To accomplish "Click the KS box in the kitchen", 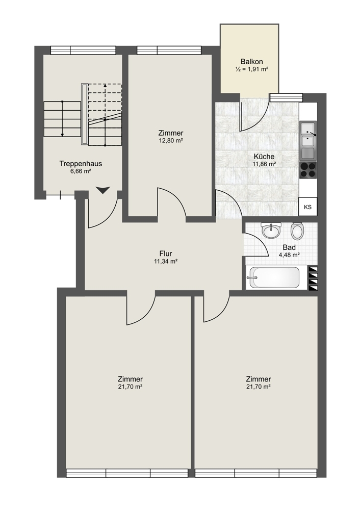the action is pyautogui.click(x=307, y=207).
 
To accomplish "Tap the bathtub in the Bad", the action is pyautogui.click(x=274, y=277).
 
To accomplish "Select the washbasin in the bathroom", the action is pyautogui.click(x=271, y=231).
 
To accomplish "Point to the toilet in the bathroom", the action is pyautogui.click(x=297, y=231).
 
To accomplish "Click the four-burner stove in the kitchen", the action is pyautogui.click(x=307, y=170).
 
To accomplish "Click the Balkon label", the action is pyautogui.click(x=251, y=62).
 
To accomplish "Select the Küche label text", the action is pyautogui.click(x=264, y=157).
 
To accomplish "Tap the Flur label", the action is pyautogui.click(x=166, y=253).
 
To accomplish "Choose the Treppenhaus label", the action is pyautogui.click(x=81, y=164).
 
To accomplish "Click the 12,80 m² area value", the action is pyautogui.click(x=170, y=141).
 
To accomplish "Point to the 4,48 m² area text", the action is pyautogui.click(x=289, y=255).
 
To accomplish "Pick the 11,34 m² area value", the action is pyautogui.click(x=166, y=261).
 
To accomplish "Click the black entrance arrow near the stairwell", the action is pyautogui.click(x=103, y=190).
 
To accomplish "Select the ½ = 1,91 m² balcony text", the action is pyautogui.click(x=252, y=69).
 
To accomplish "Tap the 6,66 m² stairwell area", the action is pyautogui.click(x=81, y=171).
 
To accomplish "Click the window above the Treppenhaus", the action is pyautogui.click(x=83, y=50).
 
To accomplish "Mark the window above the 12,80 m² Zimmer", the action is pyautogui.click(x=169, y=50).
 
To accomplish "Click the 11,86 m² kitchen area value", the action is pyautogui.click(x=264, y=164).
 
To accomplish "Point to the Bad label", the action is pyautogui.click(x=289, y=247).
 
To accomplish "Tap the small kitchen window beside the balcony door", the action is pyautogui.click(x=287, y=97).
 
